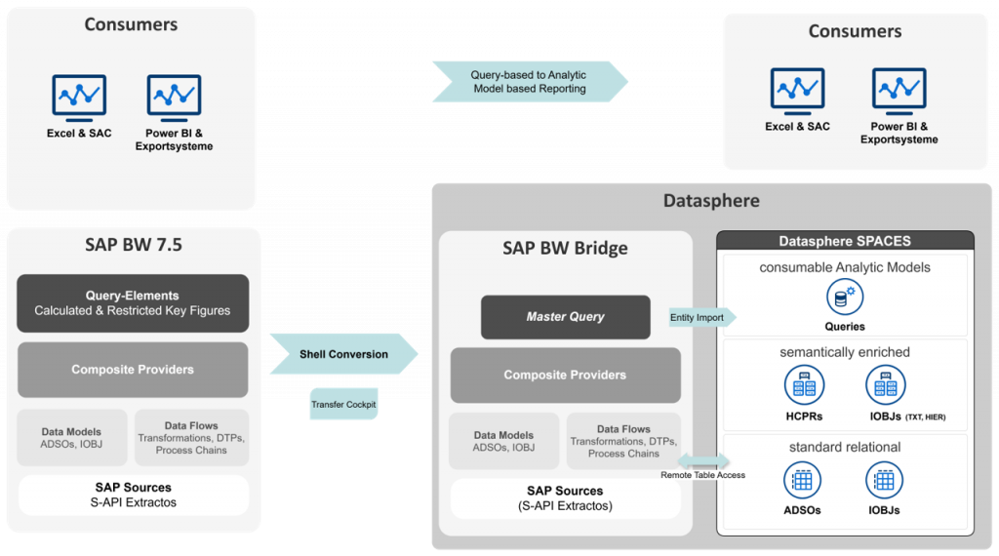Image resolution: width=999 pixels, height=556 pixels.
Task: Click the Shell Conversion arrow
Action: (342, 354)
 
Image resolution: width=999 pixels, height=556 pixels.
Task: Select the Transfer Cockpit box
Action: (342, 404)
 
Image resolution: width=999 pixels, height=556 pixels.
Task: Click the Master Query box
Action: (565, 317)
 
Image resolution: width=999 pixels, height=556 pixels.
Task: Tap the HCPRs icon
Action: (804, 386)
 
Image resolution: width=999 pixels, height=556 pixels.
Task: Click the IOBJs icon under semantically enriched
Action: (885, 386)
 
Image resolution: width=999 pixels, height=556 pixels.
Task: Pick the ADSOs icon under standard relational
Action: (802, 481)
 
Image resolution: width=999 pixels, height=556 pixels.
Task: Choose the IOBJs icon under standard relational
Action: (885, 481)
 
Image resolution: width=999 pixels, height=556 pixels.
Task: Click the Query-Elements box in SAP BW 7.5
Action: (133, 303)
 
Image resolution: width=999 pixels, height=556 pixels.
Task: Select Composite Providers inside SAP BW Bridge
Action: (565, 375)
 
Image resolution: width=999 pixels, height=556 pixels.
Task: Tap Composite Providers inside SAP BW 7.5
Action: (133, 370)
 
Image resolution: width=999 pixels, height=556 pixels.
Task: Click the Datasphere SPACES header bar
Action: (845, 241)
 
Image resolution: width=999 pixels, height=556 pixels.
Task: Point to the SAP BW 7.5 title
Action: (133, 245)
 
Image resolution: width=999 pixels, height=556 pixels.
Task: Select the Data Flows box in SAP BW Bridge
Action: (623, 441)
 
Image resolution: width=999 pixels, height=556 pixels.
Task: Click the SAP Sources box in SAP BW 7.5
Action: (133, 495)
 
